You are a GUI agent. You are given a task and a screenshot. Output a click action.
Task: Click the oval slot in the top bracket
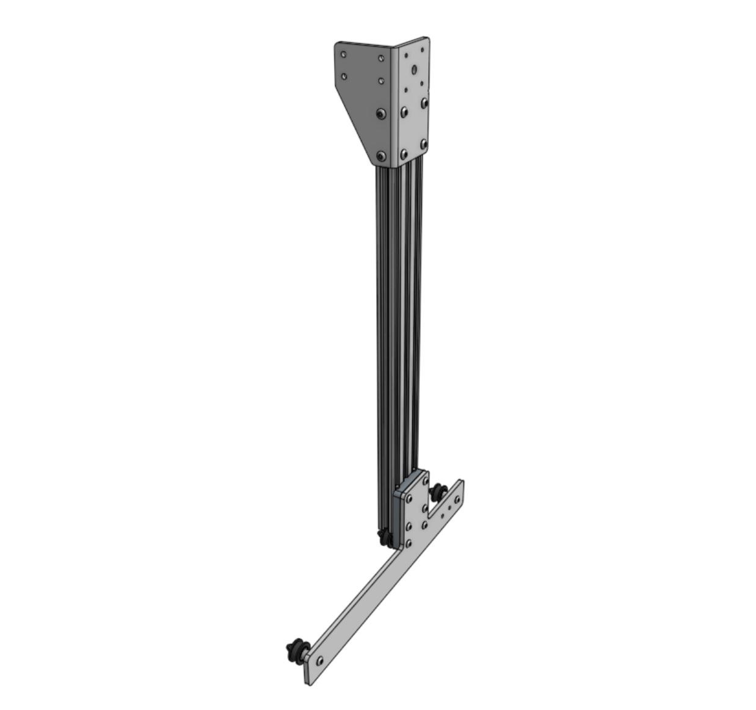(415, 69)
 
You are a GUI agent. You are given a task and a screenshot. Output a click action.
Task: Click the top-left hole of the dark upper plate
(344, 54)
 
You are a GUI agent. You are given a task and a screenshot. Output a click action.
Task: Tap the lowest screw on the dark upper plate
(382, 156)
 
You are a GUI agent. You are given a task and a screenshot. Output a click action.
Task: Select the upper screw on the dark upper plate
(381, 114)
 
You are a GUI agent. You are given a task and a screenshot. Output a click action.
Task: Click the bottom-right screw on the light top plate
(423, 144)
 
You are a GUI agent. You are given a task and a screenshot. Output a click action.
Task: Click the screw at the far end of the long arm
(319, 659)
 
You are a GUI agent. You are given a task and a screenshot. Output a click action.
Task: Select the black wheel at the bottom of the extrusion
(385, 538)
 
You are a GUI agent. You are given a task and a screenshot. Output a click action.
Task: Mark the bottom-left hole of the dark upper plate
(344, 76)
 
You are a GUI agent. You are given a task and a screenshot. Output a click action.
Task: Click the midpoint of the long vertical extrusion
(397, 317)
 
